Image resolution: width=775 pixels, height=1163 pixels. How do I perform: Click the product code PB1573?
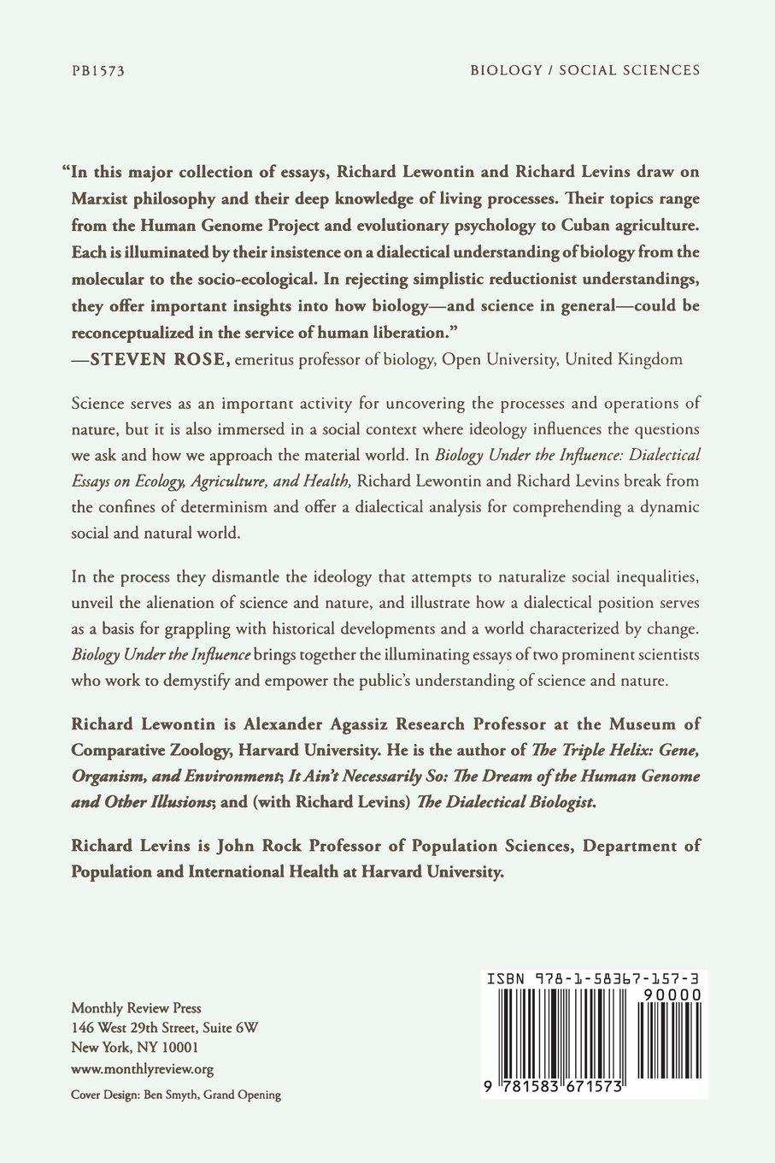(x=98, y=71)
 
